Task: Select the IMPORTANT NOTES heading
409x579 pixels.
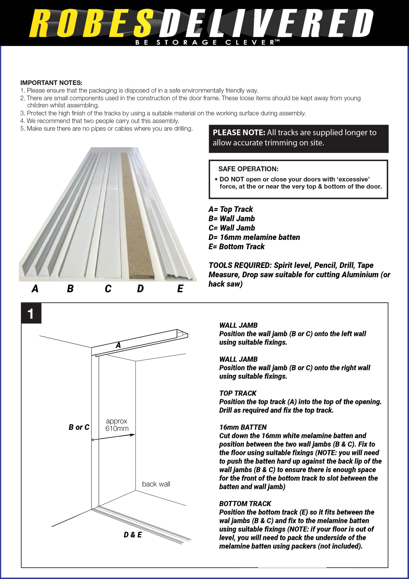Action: (51, 83)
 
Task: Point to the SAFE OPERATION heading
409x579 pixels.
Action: (248, 169)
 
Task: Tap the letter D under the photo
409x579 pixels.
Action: (140, 289)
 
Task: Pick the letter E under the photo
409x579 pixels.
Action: (180, 289)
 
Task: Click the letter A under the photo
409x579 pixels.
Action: (35, 289)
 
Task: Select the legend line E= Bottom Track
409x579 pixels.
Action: (236, 247)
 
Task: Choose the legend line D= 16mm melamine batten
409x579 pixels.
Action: (254, 237)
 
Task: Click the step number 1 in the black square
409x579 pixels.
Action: (31, 314)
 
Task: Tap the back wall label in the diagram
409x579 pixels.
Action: (156, 484)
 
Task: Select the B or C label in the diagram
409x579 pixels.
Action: (79, 427)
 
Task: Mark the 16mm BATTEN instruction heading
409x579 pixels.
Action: (243, 427)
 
